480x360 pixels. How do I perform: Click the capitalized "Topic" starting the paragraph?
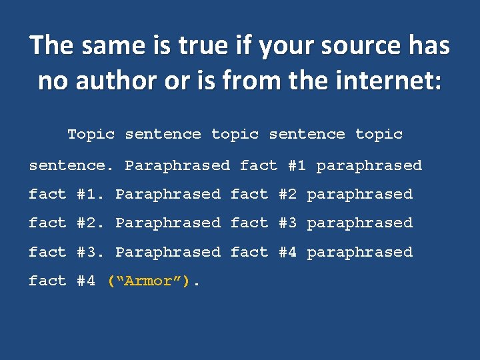pos(91,134)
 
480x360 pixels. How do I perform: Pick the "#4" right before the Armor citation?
pos(86,281)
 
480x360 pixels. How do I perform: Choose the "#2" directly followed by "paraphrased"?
pos(287,194)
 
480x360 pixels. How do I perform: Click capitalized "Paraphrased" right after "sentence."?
pos(177,165)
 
